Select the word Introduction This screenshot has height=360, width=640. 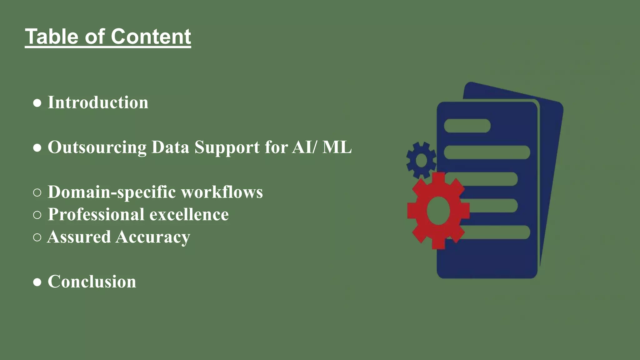[x=98, y=102]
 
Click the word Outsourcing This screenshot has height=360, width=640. [x=97, y=147]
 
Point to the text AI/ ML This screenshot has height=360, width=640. [x=322, y=147]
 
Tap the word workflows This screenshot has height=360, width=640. [x=222, y=192]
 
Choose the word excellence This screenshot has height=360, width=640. [x=189, y=214]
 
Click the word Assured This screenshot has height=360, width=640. [x=79, y=237]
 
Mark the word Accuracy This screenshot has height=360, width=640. [x=153, y=237]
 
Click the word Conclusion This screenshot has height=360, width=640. [x=92, y=282]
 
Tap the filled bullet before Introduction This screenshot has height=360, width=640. [x=37, y=103]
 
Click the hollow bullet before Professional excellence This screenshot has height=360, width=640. [x=37, y=215]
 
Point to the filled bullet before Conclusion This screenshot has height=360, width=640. [x=37, y=282]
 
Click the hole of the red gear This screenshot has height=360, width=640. [x=438, y=211]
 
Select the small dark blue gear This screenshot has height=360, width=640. [x=421, y=160]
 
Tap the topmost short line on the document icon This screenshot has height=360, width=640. [x=467, y=126]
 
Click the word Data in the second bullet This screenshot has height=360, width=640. [x=170, y=147]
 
